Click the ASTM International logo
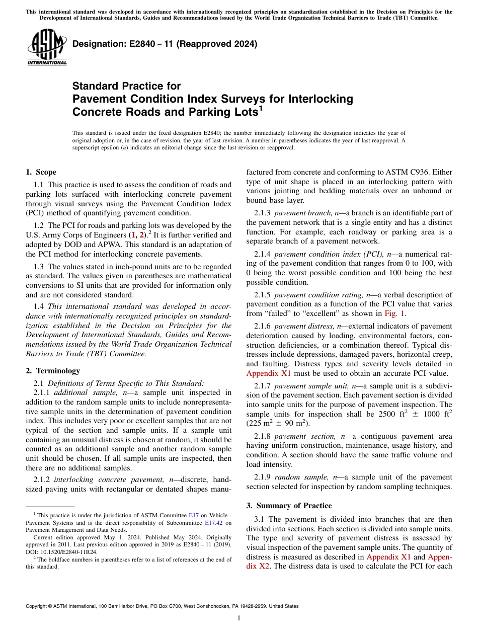point(47,48)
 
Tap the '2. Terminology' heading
point(53,371)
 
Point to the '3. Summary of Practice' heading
point(289,505)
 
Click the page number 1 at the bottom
point(239,618)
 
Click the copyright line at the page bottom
point(162,606)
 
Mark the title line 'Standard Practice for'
point(126,86)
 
